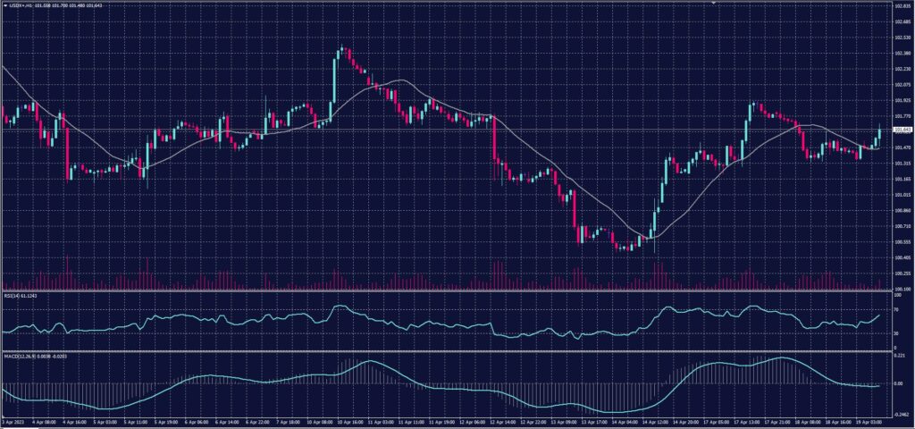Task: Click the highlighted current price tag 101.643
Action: [x=900, y=131]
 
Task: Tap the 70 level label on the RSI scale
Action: [x=896, y=309]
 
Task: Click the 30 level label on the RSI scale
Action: [x=896, y=333]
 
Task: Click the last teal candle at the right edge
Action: [x=879, y=134]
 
